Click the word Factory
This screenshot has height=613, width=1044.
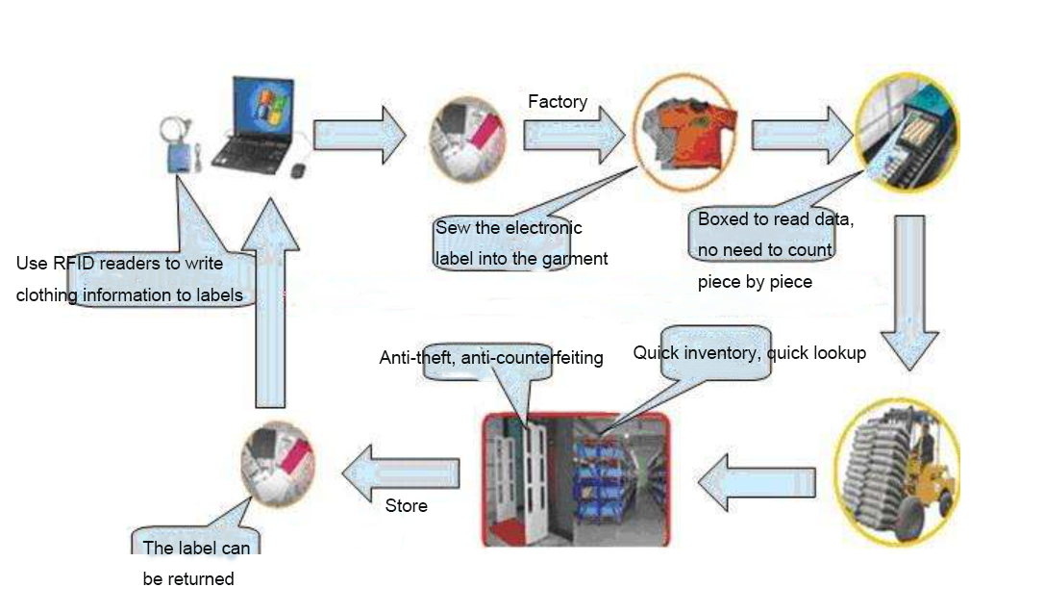point(558,101)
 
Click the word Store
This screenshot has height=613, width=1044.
point(406,505)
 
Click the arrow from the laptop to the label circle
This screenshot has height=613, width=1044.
point(360,133)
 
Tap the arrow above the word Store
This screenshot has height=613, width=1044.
point(400,471)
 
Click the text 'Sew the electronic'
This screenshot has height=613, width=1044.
point(509,228)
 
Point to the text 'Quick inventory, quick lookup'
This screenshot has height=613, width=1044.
point(749,353)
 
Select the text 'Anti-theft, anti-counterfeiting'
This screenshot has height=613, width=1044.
point(491,358)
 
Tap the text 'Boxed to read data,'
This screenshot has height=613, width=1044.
point(776,219)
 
